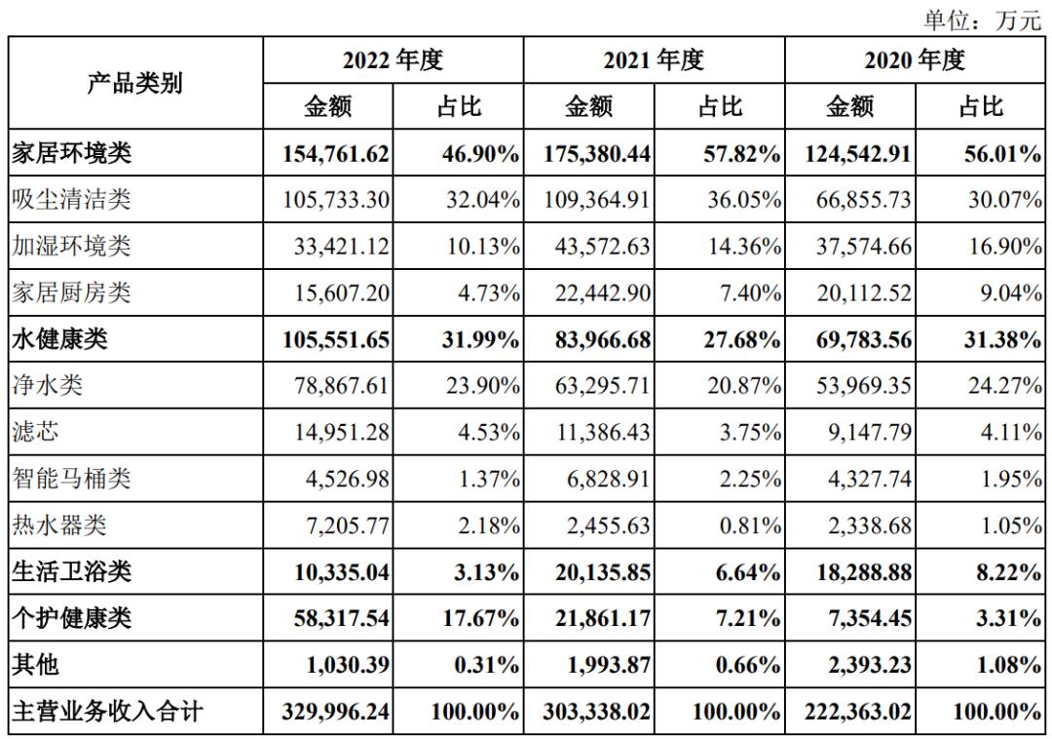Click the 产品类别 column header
pyautogui.click(x=135, y=83)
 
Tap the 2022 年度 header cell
pyautogui.click(x=393, y=60)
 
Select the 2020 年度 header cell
pyautogui.click(x=915, y=60)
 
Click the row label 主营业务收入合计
pyautogui.click(x=107, y=712)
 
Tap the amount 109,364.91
pyautogui.click(x=594, y=200)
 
